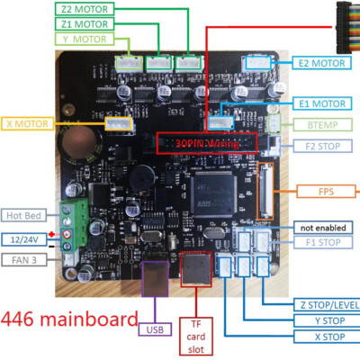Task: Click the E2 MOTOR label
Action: click(x=322, y=63)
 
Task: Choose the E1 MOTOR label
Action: click(x=322, y=103)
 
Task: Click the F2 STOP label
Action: click(x=322, y=145)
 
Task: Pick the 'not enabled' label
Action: click(x=322, y=227)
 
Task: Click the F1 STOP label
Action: click(x=322, y=241)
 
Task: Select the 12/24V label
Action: click(x=22, y=239)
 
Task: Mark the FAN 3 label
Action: click(x=22, y=260)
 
